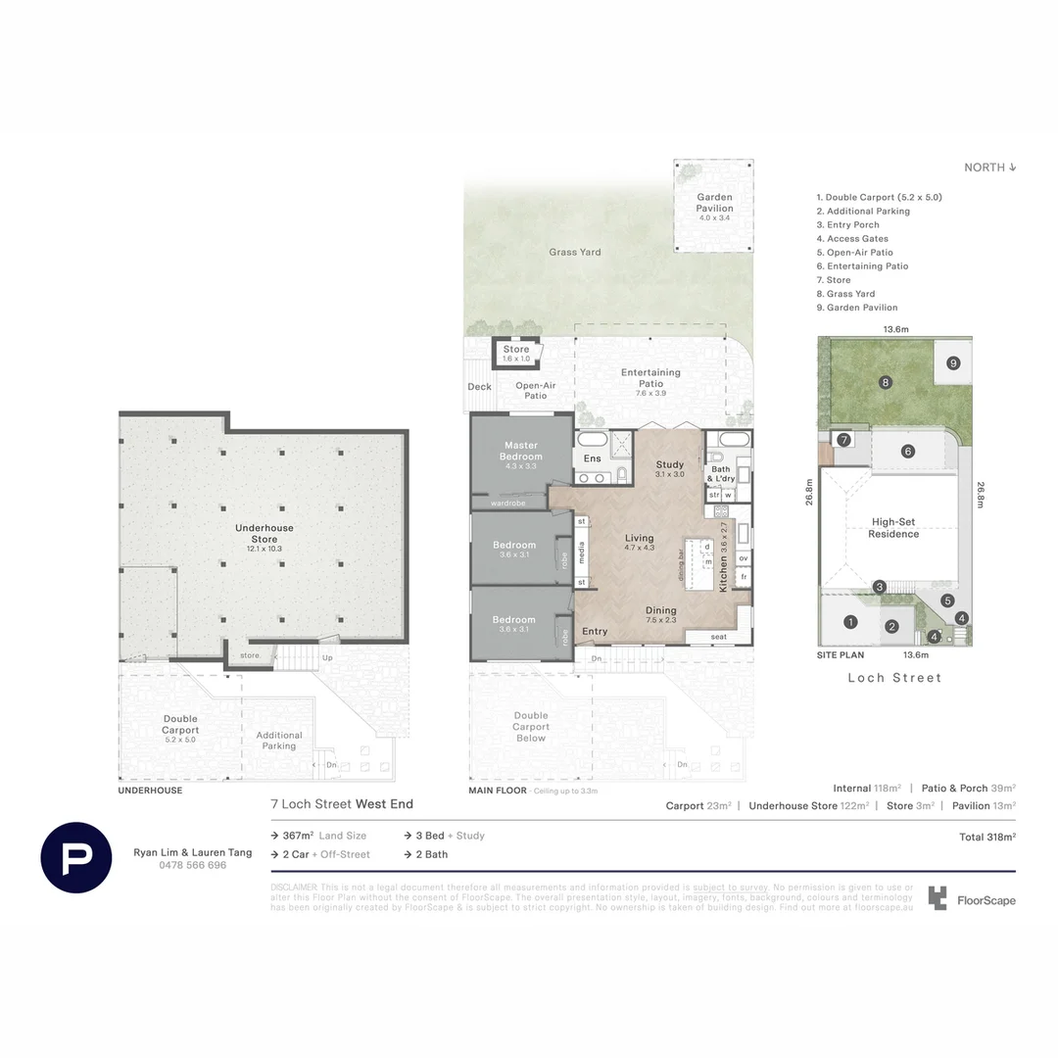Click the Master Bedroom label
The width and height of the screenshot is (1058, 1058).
click(x=520, y=452)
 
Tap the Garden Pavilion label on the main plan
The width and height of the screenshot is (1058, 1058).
click(x=714, y=203)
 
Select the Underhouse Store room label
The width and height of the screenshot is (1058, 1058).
click(x=264, y=533)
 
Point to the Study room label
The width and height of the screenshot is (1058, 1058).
click(x=669, y=464)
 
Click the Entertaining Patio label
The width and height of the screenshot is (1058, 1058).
click(x=650, y=378)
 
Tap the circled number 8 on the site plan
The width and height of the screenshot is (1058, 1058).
click(x=885, y=382)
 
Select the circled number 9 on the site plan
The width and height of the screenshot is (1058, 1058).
click(x=952, y=363)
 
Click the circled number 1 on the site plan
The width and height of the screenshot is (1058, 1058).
click(x=850, y=621)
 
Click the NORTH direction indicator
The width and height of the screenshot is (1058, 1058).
click(x=989, y=168)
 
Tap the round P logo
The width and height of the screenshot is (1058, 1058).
click(x=76, y=857)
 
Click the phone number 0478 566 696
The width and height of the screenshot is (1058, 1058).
click(x=192, y=865)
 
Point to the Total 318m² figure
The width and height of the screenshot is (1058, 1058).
click(x=986, y=838)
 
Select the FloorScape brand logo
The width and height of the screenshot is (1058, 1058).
click(x=972, y=899)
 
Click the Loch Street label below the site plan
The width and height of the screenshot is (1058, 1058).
click(x=894, y=678)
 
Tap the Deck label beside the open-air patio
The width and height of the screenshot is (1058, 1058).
click(x=479, y=387)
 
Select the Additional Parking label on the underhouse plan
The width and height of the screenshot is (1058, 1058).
click(x=279, y=741)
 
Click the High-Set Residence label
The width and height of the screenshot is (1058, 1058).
click(x=893, y=528)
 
